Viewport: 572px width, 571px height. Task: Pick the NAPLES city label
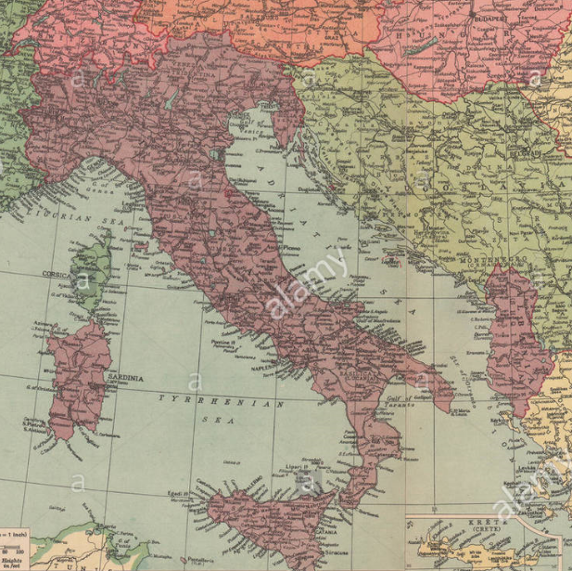(x=269, y=367)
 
